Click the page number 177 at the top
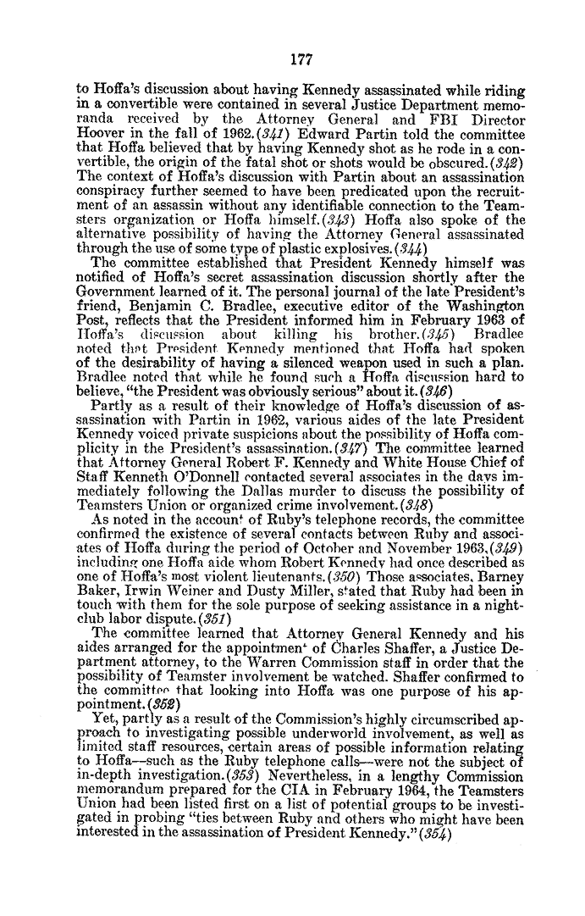click(292, 60)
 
